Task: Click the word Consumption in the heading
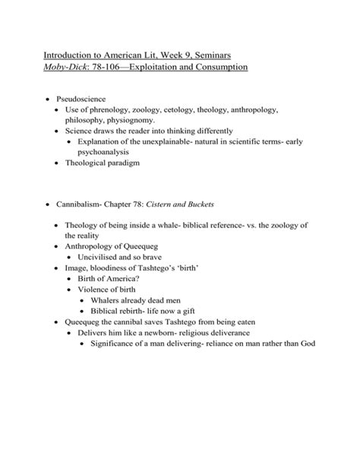tap(215, 68)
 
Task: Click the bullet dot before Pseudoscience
tap(49, 100)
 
